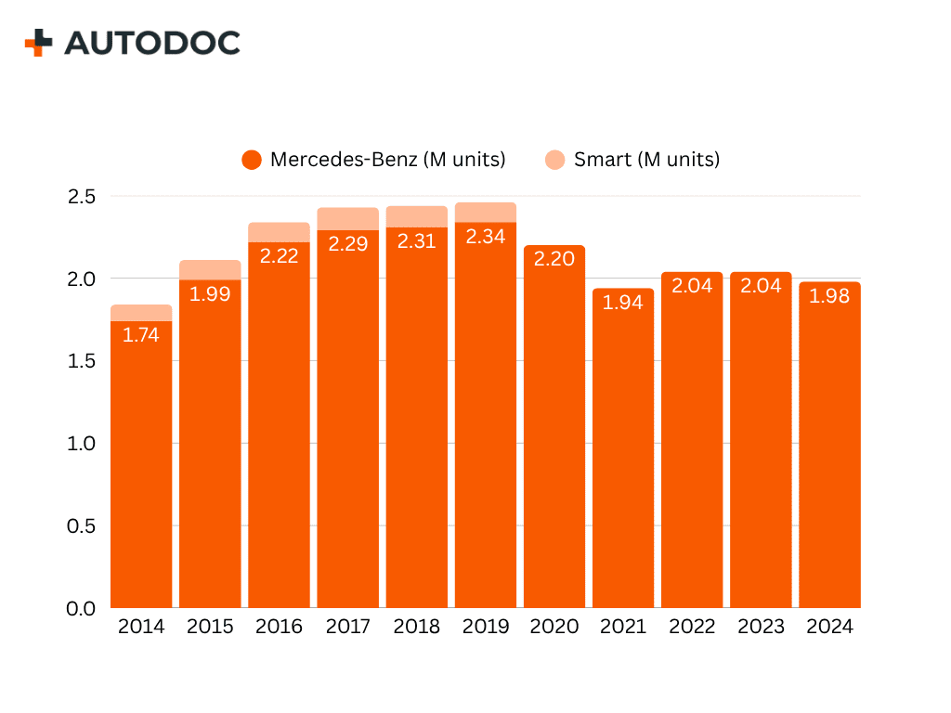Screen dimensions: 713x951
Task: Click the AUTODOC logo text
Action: pos(152,43)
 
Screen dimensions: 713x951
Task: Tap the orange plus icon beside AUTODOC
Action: pos(38,43)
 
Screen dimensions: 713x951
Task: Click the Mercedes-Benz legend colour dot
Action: pos(251,160)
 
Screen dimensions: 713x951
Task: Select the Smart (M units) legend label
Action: pos(646,160)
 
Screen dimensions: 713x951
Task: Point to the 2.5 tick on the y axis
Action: pos(81,197)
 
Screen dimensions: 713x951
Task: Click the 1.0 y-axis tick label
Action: pos(81,444)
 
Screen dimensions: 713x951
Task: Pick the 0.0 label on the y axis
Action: pos(81,608)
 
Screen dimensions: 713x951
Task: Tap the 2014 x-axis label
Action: pos(141,627)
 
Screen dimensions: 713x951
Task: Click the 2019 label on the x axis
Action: pos(486,627)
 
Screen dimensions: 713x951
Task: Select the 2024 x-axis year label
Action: pos(829,627)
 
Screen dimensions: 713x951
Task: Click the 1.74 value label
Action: pos(141,336)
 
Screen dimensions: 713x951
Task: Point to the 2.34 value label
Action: pos(486,237)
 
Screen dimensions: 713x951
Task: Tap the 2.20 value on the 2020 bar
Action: pos(554,259)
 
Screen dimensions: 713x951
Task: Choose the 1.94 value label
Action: pos(623,303)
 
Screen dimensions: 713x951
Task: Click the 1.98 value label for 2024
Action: pos(829,297)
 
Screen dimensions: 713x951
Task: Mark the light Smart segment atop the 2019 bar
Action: pos(486,213)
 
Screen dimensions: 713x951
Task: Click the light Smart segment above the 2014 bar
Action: pos(141,313)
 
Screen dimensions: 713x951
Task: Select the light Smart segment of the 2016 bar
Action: pos(279,232)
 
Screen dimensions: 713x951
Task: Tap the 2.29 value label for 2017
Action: pos(348,244)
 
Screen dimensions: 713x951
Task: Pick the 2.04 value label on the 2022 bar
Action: pos(692,286)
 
